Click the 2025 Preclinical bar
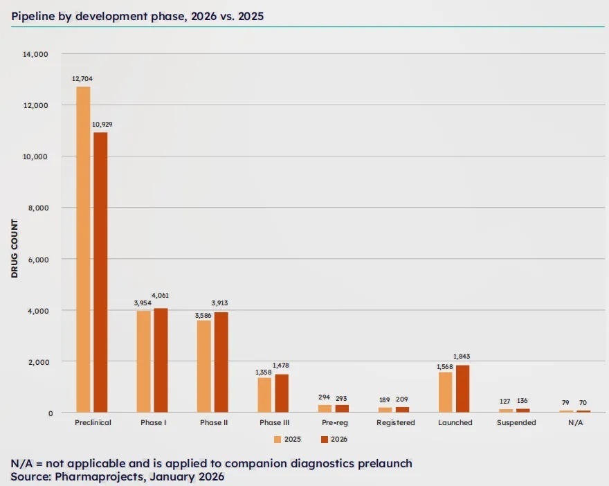pos(83,249)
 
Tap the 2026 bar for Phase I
pos(161,360)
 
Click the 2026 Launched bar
pos(463,388)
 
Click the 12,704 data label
pos(82,79)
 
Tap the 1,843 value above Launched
pos(463,357)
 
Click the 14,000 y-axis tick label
pos(35,54)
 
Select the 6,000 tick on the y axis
pos(37,259)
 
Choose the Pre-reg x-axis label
pos(335,422)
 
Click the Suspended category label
pos(516,422)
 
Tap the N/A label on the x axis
pos(576,422)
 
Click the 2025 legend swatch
pos(278,439)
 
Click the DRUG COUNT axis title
pos(14,249)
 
